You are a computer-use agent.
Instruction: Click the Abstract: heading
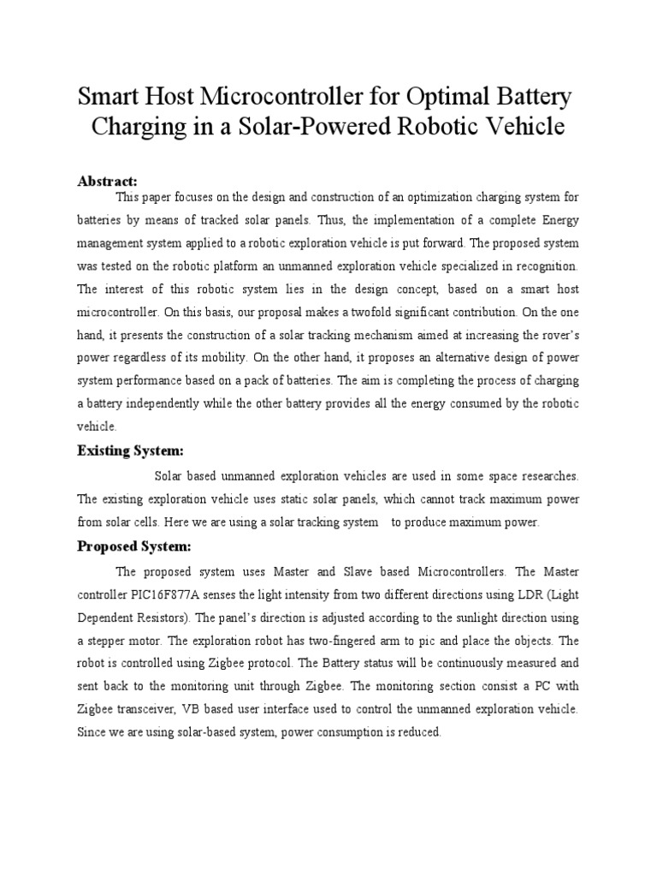(x=108, y=182)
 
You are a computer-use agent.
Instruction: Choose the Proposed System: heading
(x=134, y=546)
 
